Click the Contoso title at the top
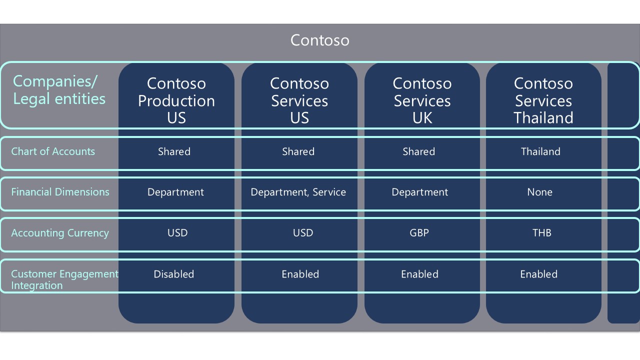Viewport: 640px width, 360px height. tap(319, 40)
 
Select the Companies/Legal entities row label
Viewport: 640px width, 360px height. tap(59, 90)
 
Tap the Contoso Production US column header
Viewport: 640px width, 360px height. tap(176, 100)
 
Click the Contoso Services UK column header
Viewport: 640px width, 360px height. tap(422, 100)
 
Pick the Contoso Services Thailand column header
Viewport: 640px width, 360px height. tap(543, 100)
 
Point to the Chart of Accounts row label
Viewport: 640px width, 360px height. tap(53, 151)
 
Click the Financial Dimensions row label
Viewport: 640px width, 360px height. tap(60, 192)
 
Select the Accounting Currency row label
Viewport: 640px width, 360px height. tap(60, 233)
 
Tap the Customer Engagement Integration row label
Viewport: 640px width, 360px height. tap(64, 279)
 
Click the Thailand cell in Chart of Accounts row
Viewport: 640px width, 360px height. tap(540, 151)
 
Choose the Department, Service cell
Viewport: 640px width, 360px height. tap(298, 192)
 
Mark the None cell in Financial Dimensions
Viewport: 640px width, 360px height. tap(539, 192)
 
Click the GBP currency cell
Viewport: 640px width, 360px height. tap(419, 233)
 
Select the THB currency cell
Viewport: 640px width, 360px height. tap(541, 233)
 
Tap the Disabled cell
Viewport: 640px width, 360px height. tap(173, 274)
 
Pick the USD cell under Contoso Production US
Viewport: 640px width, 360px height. tap(177, 233)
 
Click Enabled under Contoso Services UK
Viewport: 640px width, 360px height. tap(419, 274)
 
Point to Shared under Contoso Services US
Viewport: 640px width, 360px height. tap(298, 151)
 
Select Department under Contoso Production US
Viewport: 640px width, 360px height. tap(175, 192)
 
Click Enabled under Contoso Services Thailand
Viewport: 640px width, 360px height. tap(539, 274)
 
